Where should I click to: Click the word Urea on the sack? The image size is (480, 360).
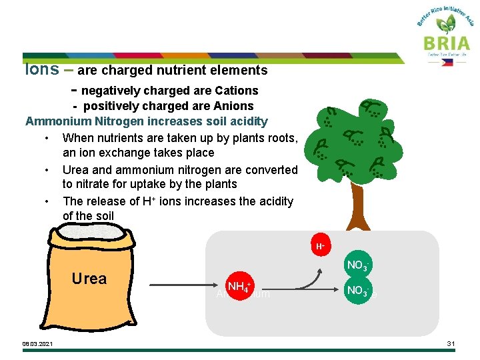[89, 279]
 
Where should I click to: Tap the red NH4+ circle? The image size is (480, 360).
[238, 287]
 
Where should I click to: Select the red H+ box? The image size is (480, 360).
[321, 246]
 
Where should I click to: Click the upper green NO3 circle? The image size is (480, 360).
[357, 265]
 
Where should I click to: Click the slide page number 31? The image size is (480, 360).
[451, 343]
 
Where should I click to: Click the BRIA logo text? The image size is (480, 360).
[446, 43]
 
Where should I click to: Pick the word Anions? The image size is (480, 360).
[232, 106]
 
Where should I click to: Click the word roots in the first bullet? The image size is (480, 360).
[282, 138]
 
